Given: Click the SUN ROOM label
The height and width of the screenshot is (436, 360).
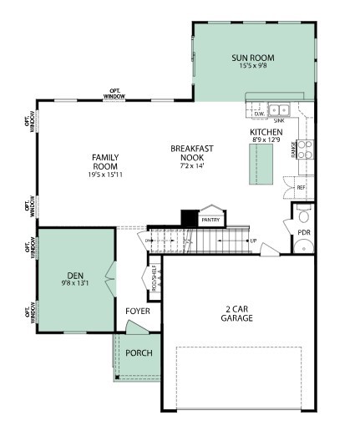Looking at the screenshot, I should [x=252, y=58].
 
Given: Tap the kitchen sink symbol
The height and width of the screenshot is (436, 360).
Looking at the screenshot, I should [x=278, y=109].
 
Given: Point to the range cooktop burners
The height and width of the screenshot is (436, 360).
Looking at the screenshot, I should [x=305, y=150].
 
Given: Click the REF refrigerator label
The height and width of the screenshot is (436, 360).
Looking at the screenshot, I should [x=301, y=188].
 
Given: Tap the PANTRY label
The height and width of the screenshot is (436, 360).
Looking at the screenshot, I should [x=210, y=220].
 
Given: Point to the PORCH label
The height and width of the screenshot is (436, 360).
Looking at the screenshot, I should [x=139, y=352].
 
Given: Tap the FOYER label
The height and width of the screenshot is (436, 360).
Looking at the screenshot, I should [x=138, y=311].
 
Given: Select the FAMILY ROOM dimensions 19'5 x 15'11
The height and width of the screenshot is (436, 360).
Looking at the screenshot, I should [x=105, y=173].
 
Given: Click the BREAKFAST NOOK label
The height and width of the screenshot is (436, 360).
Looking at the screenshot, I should [x=192, y=153].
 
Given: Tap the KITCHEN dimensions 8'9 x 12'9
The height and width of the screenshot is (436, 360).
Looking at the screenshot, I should [x=266, y=140].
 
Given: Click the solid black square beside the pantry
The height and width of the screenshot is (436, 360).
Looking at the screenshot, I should [x=188, y=217].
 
